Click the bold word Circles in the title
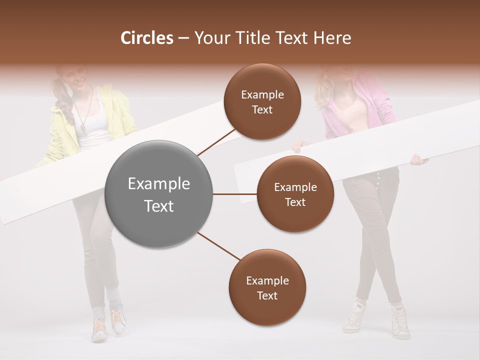[147, 38]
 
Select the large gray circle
[159, 194]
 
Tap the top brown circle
[262, 101]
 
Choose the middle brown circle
[295, 194]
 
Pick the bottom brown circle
[267, 287]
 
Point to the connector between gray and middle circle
[234, 194]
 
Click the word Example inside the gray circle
[159, 184]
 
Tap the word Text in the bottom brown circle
[267, 295]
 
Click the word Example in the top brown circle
[262, 94]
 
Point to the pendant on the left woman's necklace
[83, 129]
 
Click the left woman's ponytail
[62, 97]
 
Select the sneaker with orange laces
[118, 320]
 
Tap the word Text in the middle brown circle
[295, 202]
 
